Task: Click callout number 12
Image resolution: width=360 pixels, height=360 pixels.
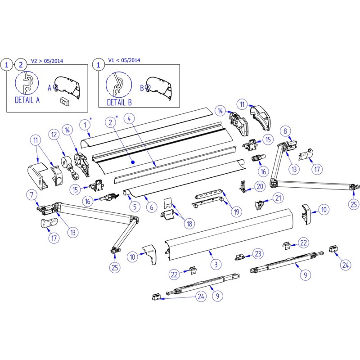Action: tap(54, 134)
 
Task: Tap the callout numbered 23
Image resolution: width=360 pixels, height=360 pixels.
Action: tap(258, 254)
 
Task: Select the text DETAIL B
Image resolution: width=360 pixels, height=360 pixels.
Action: tap(119, 102)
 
